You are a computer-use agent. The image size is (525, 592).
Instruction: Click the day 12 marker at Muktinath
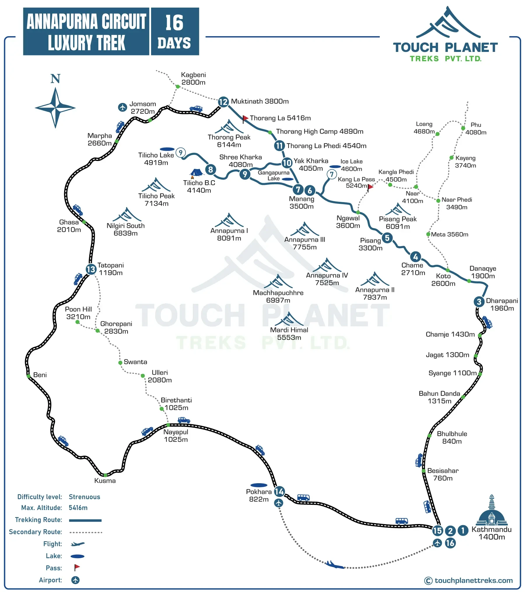click(x=223, y=102)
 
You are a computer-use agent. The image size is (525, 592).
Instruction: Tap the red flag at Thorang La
click(x=245, y=118)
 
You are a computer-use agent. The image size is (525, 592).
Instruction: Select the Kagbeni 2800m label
click(x=193, y=79)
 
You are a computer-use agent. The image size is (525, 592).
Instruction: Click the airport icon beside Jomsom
click(x=123, y=107)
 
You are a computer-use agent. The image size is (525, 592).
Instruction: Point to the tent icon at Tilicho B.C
click(x=196, y=173)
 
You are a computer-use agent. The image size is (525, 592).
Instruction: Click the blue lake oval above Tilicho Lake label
click(x=167, y=149)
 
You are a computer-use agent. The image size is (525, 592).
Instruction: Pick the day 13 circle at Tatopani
click(x=91, y=269)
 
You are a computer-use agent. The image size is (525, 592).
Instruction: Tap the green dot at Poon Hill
click(x=78, y=322)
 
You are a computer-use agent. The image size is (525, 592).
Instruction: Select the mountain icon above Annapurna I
click(x=229, y=220)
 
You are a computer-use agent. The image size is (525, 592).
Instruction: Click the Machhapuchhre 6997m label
click(x=278, y=297)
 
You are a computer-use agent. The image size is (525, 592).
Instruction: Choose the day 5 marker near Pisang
click(x=387, y=238)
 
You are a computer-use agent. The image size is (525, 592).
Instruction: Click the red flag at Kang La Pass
click(x=370, y=187)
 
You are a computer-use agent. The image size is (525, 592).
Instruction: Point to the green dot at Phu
click(x=463, y=128)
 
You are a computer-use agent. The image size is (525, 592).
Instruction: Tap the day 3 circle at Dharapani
click(x=479, y=302)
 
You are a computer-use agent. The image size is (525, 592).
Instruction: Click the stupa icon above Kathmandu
click(x=492, y=510)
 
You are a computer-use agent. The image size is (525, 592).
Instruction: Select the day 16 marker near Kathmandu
click(x=450, y=543)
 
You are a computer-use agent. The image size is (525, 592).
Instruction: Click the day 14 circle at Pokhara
click(x=279, y=492)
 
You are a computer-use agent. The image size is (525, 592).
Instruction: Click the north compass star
click(x=55, y=108)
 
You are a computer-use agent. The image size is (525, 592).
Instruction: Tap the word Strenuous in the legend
click(x=84, y=497)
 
